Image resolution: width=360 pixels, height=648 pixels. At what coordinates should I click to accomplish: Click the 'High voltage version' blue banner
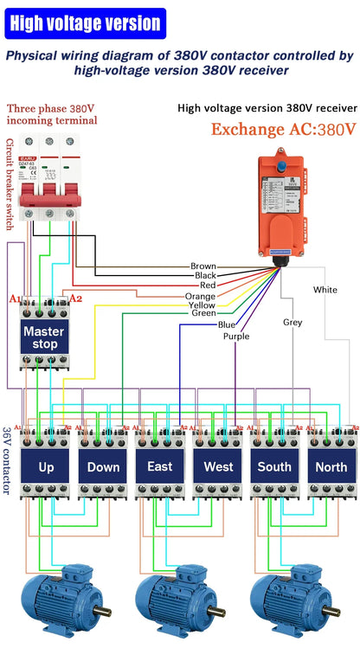click(x=85, y=24)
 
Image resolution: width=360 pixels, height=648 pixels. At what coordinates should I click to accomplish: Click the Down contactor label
click(x=103, y=466)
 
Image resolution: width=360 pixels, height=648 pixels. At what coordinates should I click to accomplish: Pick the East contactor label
click(x=160, y=466)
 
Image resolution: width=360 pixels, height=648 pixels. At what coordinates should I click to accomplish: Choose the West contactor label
click(x=218, y=466)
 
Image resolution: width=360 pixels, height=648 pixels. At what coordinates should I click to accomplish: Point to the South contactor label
click(x=275, y=466)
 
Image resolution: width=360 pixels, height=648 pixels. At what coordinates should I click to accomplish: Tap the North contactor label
click(x=331, y=466)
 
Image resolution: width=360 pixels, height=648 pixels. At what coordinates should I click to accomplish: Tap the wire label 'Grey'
click(x=292, y=322)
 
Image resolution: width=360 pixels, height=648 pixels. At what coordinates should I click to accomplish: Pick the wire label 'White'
click(x=325, y=289)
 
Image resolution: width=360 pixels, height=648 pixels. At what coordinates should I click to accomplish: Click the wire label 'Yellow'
click(x=202, y=305)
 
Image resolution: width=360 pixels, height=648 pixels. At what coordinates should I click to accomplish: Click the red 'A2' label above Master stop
click(x=75, y=298)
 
